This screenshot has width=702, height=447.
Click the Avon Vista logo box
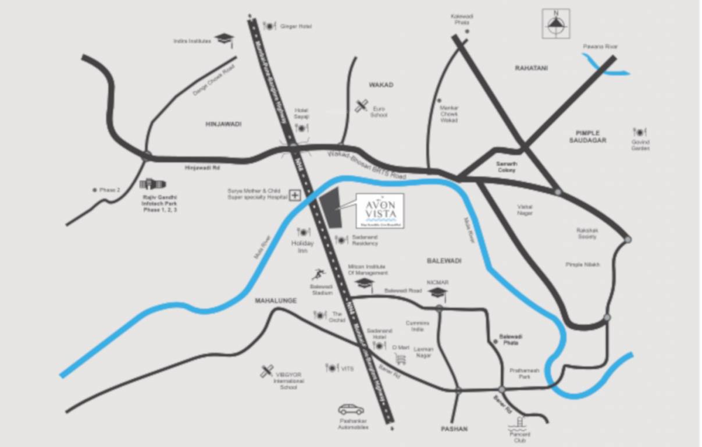point(381,210)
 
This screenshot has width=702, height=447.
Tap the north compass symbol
point(556,24)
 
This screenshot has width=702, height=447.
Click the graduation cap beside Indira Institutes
point(224,40)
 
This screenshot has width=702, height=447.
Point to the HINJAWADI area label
point(223,124)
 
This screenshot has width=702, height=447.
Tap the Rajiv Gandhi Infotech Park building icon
point(152,184)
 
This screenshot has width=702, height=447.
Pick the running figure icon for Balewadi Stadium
point(318,274)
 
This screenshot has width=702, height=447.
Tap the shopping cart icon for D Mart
point(400,359)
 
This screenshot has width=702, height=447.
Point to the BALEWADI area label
point(443,261)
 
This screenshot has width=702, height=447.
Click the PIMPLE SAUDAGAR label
point(587,137)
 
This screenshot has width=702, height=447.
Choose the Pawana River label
point(601,47)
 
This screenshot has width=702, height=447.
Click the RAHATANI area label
point(531,68)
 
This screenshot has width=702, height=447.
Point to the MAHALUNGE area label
point(276,301)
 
